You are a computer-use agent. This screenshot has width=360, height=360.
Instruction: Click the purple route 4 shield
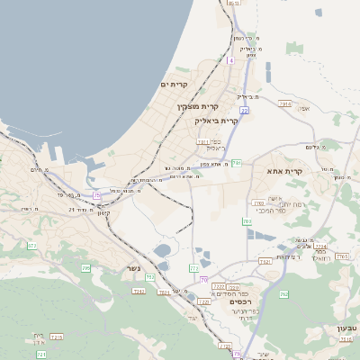point(230,60)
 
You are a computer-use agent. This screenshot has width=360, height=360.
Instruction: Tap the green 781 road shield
point(237,163)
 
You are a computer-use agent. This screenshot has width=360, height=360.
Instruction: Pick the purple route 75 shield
point(97,194)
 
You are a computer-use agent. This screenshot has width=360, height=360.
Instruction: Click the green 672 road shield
point(32,245)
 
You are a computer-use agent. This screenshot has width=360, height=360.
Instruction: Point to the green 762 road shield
point(284,294)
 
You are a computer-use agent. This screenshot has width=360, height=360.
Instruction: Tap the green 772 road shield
point(193,268)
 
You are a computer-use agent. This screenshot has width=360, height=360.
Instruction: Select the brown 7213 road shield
point(56,337)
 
